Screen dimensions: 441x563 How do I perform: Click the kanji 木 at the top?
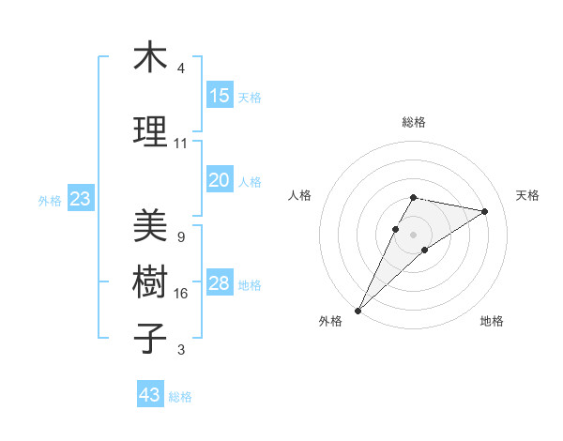pos(150,58)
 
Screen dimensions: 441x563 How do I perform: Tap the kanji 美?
pos(150,225)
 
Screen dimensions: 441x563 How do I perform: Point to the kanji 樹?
pos(150,281)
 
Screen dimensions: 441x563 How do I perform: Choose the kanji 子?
pos(150,338)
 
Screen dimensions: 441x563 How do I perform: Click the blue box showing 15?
pos(220,96)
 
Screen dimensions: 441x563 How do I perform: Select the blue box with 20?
pos(220,181)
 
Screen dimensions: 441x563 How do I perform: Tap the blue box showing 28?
pos(220,284)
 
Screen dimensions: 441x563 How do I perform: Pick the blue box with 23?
pos(80,199)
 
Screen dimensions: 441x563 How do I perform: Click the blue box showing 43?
pos(150,395)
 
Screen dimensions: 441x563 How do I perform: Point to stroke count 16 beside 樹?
pos(180,294)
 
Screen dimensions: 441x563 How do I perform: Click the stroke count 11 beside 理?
pos(180,144)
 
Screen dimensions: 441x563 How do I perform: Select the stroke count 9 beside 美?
pos(180,237)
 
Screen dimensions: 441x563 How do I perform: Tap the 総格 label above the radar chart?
pos(413,122)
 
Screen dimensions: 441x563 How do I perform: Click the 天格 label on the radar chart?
pos(527,195)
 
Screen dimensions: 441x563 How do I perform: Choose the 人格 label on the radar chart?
pos(299,195)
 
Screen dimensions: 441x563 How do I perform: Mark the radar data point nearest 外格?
pos(358,310)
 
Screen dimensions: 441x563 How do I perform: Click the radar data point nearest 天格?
pos(485,211)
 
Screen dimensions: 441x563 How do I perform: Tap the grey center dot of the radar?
pos(413,234)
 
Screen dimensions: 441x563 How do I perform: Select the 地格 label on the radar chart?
pos(492,322)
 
